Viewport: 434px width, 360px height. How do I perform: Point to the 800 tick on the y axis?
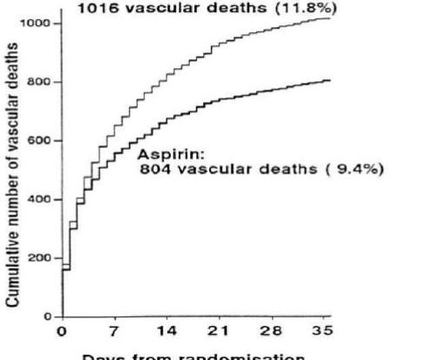coord(39,82)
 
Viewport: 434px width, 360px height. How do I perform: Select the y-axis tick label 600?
coord(39,140)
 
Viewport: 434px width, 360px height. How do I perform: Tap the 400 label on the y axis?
coord(39,200)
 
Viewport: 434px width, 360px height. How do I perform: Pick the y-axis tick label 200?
coord(39,258)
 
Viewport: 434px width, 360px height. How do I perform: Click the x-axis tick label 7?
coord(114,331)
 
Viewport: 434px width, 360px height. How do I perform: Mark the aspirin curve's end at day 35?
coord(329,80)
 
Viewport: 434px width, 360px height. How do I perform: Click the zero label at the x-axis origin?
coord(62,331)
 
